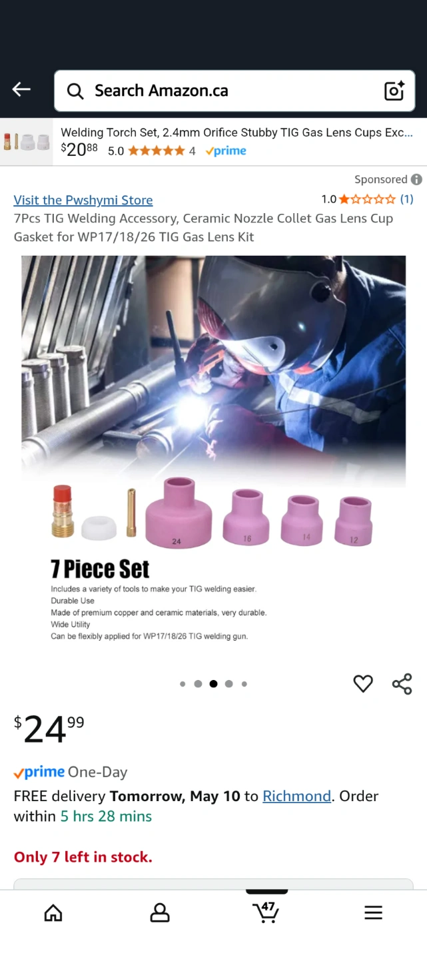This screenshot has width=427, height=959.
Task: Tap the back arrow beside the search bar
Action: point(21,89)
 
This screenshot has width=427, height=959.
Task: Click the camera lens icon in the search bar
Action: point(394,91)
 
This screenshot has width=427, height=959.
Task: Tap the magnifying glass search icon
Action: point(75,91)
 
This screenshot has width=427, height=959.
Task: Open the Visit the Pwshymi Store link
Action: point(83,200)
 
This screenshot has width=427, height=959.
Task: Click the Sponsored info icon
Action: point(416,179)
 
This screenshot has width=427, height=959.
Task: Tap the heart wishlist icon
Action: point(363,684)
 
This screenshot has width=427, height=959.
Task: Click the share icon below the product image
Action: point(402,684)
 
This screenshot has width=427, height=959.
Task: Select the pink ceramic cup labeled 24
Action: point(178,513)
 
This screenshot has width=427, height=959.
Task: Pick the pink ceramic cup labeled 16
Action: point(246,517)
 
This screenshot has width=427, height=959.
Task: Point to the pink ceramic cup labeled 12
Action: point(354,521)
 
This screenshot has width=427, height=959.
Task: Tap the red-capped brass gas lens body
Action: point(63,511)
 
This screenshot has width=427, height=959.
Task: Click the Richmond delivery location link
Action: point(297,796)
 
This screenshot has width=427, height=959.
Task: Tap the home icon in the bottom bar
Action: point(53,912)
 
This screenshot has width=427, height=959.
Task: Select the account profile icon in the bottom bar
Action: point(160,912)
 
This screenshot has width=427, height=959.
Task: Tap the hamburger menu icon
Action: point(373,912)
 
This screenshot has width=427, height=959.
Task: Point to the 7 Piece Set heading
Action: point(100,569)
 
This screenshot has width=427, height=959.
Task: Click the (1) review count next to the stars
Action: point(406,199)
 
